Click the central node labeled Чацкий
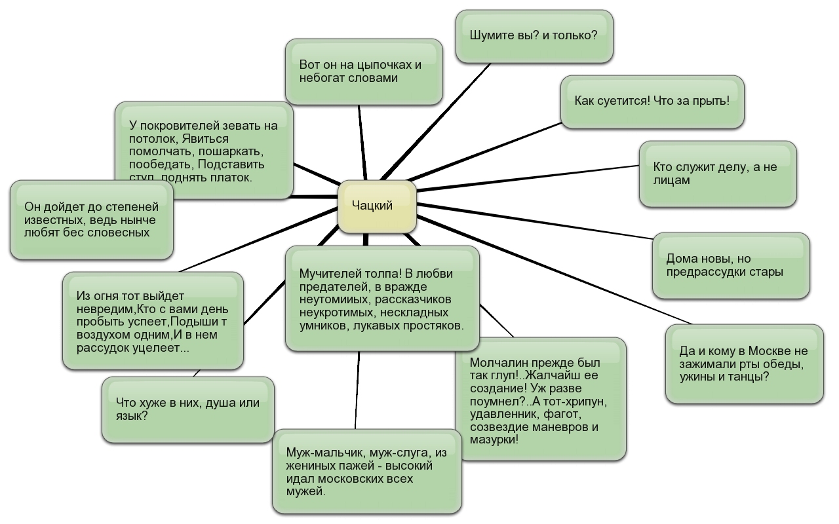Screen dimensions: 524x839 pos(377,206)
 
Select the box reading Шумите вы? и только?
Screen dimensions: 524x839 pos(534,36)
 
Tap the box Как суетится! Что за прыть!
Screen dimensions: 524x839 pos(652,102)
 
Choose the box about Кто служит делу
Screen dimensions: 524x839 pos(718,174)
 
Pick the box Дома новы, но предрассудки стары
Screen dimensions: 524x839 pos(731,265)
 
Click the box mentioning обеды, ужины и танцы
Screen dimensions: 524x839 pos(744,364)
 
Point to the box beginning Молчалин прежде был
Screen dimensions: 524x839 pos(541,400)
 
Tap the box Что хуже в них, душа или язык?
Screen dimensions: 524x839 pos(188,409)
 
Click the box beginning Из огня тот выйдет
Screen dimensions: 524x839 pos(153,321)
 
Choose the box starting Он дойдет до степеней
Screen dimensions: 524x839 pos(92,219)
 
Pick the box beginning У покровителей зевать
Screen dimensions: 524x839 pos(204,151)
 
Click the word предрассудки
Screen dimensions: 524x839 pos(707,272)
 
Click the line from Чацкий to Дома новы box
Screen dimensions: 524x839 pos(537,223)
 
